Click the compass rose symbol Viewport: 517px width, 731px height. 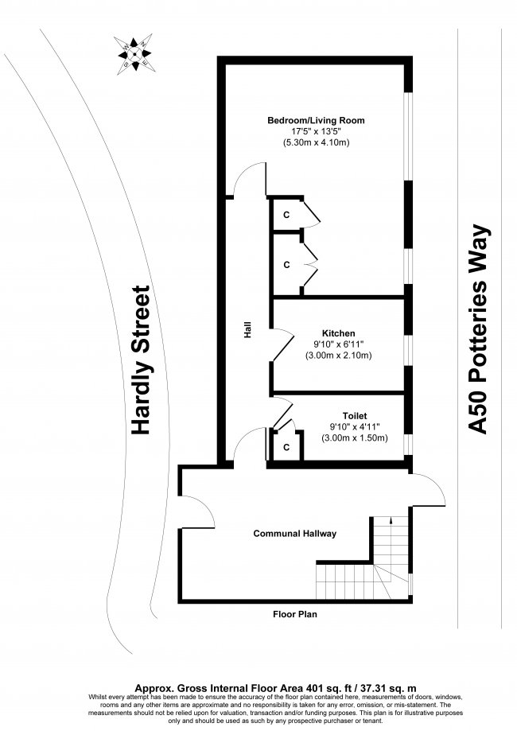tap(134, 54)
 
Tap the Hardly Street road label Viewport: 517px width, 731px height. tap(141, 360)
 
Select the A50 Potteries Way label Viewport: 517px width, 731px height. tap(479, 329)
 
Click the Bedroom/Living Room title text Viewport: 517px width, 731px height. tap(316, 120)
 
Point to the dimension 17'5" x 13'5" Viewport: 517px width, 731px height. tap(316, 131)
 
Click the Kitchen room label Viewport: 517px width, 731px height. tap(339, 333)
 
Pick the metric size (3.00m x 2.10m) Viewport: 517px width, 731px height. tap(339, 356)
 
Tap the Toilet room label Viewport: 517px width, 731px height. tap(355, 415)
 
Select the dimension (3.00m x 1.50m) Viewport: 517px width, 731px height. tap(355, 438)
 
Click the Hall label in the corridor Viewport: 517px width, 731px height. tap(248, 329)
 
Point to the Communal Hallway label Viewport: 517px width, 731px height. tap(294, 533)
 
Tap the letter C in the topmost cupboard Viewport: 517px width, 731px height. tap(286, 215)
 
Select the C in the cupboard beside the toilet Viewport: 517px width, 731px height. tap(286, 447)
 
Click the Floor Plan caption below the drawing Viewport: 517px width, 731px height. tap(294, 614)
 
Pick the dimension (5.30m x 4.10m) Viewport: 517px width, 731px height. tap(316, 142)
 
